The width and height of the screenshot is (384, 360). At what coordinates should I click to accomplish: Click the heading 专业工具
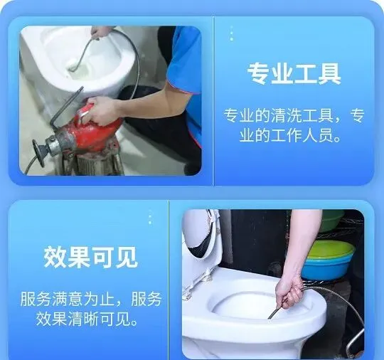(x=294, y=74)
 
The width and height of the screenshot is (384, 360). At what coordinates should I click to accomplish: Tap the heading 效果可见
(x=90, y=257)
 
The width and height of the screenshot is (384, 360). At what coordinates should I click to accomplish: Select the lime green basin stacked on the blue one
(x=331, y=249)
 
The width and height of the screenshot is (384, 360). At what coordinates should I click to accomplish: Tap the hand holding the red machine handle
(x=103, y=110)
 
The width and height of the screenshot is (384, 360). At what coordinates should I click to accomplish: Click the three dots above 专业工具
(x=232, y=33)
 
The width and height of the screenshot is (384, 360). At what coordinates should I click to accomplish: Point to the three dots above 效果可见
(x=150, y=216)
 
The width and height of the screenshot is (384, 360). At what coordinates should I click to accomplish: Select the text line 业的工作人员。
(x=290, y=136)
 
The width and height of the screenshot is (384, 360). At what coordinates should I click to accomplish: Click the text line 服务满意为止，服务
(x=90, y=299)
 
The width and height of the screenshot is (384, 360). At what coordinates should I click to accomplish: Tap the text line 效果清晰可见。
(x=87, y=319)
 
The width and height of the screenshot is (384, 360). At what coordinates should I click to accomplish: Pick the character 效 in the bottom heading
(x=55, y=257)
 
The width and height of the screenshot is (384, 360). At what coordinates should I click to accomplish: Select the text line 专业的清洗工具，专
(x=294, y=115)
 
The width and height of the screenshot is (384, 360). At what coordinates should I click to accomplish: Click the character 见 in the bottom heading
(x=127, y=257)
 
